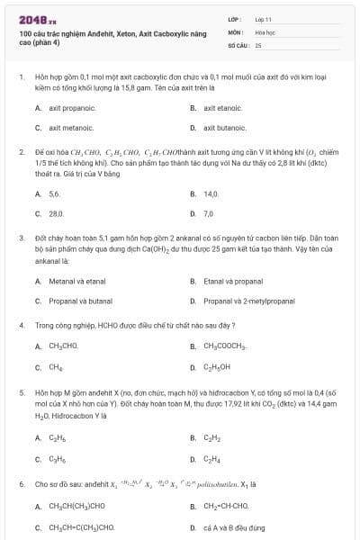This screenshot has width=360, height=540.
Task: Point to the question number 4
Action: click(x=21, y=324)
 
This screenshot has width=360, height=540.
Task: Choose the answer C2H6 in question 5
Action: click(x=56, y=438)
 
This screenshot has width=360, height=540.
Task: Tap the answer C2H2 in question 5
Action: click(x=211, y=438)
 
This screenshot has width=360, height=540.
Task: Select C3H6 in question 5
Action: click(x=56, y=459)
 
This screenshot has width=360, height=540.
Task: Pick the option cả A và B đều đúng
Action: click(x=233, y=526)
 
